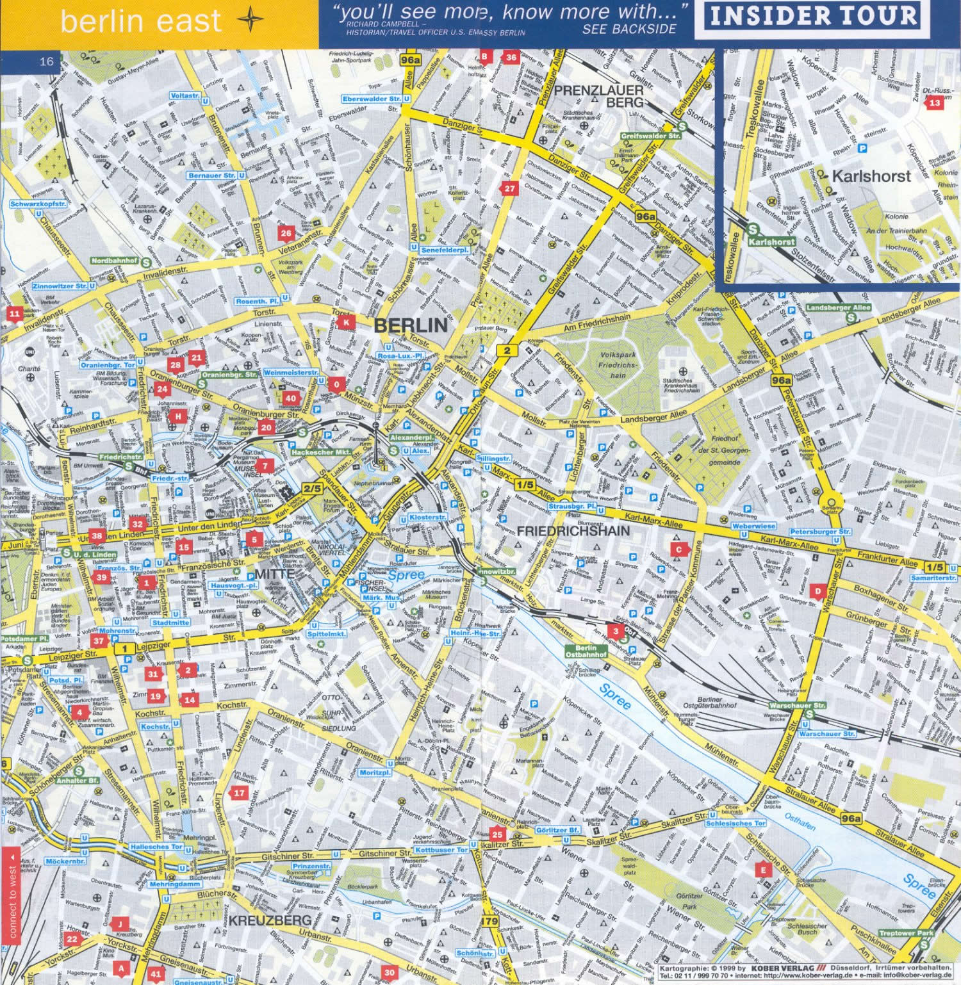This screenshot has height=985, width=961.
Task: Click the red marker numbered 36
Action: tap(511, 57)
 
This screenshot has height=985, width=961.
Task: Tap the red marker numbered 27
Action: tap(509, 188)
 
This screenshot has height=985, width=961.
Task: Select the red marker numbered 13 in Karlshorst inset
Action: tap(935, 102)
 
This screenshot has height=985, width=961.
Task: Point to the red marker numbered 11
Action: tap(14, 314)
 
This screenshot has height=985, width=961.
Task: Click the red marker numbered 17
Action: tap(239, 793)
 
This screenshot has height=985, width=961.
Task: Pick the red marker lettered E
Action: tap(762, 870)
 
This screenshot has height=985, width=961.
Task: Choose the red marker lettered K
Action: tap(346, 322)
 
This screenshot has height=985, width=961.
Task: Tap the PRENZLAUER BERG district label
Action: tap(598, 96)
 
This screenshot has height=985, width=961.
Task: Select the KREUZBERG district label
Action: tap(270, 920)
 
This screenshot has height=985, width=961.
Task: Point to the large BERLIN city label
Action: tap(411, 325)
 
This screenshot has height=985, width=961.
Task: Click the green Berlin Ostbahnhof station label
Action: tap(586, 651)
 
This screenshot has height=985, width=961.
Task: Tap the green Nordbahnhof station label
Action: tap(115, 261)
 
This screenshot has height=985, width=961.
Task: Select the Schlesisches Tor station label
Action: tap(735, 823)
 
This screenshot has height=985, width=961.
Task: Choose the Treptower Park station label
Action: tap(906, 933)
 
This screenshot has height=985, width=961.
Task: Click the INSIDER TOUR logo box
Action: tap(813, 15)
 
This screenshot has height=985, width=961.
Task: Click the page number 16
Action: tap(46, 61)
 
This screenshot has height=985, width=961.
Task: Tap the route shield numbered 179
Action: tap(489, 921)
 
